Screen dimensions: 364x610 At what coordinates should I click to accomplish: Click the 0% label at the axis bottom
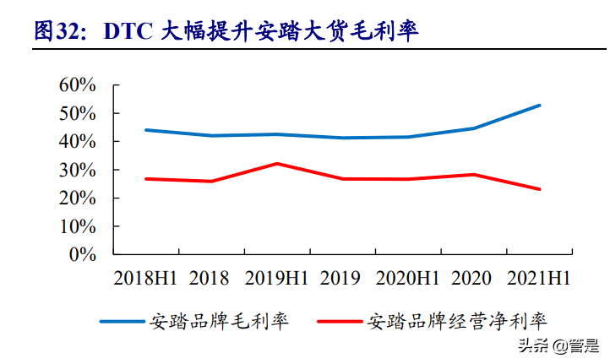tap(85, 254)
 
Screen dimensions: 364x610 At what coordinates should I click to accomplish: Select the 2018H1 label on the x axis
tap(145, 278)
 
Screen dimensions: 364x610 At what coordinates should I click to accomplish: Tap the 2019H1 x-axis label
tap(276, 278)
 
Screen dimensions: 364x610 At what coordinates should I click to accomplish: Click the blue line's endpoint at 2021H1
tap(540, 106)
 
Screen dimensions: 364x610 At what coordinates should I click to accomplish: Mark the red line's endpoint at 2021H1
tap(540, 189)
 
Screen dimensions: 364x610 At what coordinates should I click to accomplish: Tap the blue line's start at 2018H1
tap(145, 130)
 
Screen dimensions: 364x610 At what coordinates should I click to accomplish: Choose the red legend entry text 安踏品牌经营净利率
tap(457, 322)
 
